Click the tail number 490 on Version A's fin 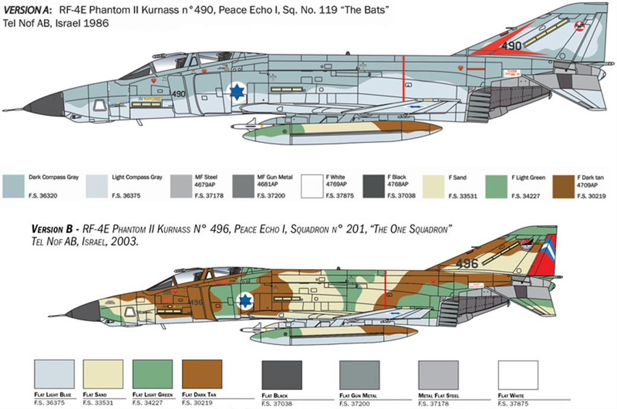[x=511, y=46]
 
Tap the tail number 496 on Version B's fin [x=467, y=263]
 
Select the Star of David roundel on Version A [x=237, y=92]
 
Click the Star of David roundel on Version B [x=245, y=301]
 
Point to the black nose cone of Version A [x=45, y=106]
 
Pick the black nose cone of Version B [x=84, y=311]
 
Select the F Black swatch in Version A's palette [x=373, y=186]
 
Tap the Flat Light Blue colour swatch [x=54, y=374]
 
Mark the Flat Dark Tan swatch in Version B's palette [x=202, y=374]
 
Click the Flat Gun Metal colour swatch [x=359, y=375]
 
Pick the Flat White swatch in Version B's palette [x=518, y=375]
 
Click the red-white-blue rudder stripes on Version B [x=543, y=255]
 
